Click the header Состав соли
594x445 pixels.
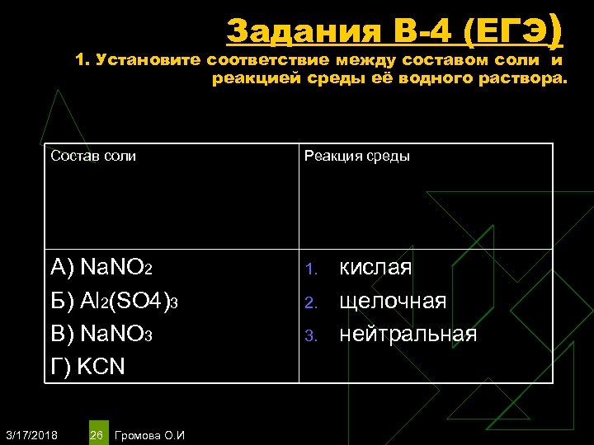[93, 156]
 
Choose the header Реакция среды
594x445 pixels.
[357, 156]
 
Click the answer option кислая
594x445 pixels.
[375, 268]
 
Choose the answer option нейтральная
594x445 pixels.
[408, 334]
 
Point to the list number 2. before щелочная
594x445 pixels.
[311, 302]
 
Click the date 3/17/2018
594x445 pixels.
[31, 434]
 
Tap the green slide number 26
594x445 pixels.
[97, 434]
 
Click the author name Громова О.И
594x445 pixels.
[152, 434]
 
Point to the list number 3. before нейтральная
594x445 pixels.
[311, 335]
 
